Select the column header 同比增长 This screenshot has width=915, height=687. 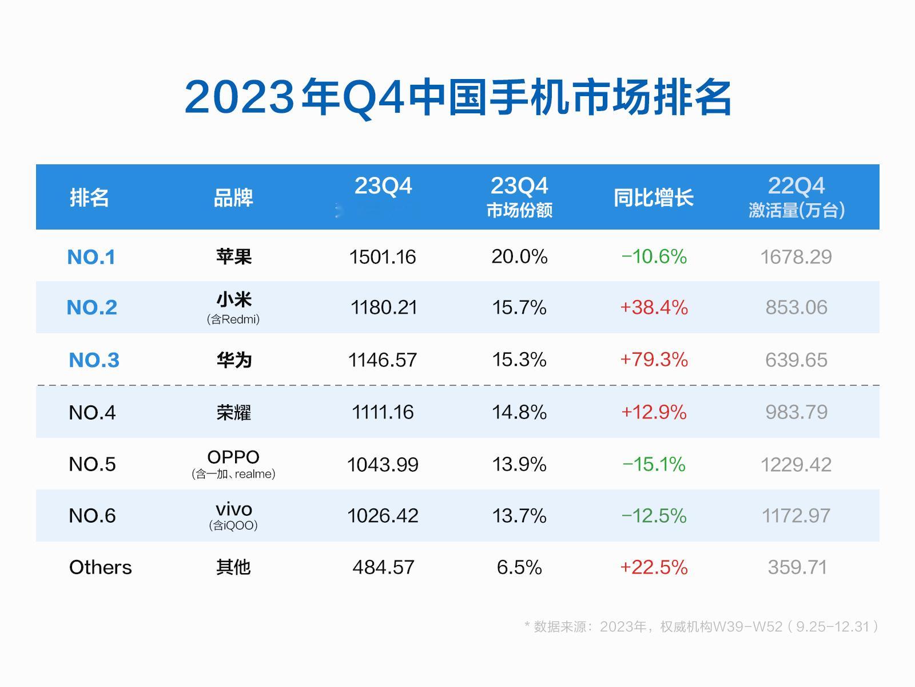[x=653, y=198]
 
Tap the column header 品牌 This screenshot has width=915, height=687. [x=233, y=198]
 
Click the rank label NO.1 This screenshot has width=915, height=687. [x=91, y=257]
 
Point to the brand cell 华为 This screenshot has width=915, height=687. [x=234, y=360]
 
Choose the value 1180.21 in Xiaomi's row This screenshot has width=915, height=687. [x=384, y=307]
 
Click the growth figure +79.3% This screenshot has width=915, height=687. [x=654, y=360]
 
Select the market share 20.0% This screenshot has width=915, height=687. [x=519, y=256]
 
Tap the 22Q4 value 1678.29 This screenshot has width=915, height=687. [x=795, y=257]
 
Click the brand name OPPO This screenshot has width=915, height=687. [x=233, y=457]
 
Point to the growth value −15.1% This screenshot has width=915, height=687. [x=654, y=464]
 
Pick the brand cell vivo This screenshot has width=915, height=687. [x=234, y=509]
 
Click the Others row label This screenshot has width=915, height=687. [x=101, y=567]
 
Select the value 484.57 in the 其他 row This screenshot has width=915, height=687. [x=383, y=567]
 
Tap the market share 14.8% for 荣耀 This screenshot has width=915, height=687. [x=519, y=412]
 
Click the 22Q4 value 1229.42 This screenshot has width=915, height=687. [x=795, y=464]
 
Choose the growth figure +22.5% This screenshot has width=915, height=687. [x=654, y=567]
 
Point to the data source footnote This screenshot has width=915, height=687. [x=701, y=626]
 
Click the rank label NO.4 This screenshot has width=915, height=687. [x=92, y=412]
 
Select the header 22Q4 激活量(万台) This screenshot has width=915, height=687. [x=796, y=198]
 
